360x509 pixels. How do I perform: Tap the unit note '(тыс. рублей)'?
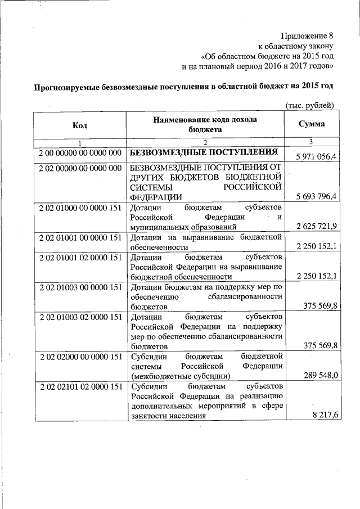310,106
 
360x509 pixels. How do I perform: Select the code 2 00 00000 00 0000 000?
80,153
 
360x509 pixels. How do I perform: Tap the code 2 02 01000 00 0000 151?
80,208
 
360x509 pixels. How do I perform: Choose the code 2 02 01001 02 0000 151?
80,257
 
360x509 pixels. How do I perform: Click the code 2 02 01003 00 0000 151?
80,287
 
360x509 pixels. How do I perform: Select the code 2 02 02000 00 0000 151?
80,356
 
